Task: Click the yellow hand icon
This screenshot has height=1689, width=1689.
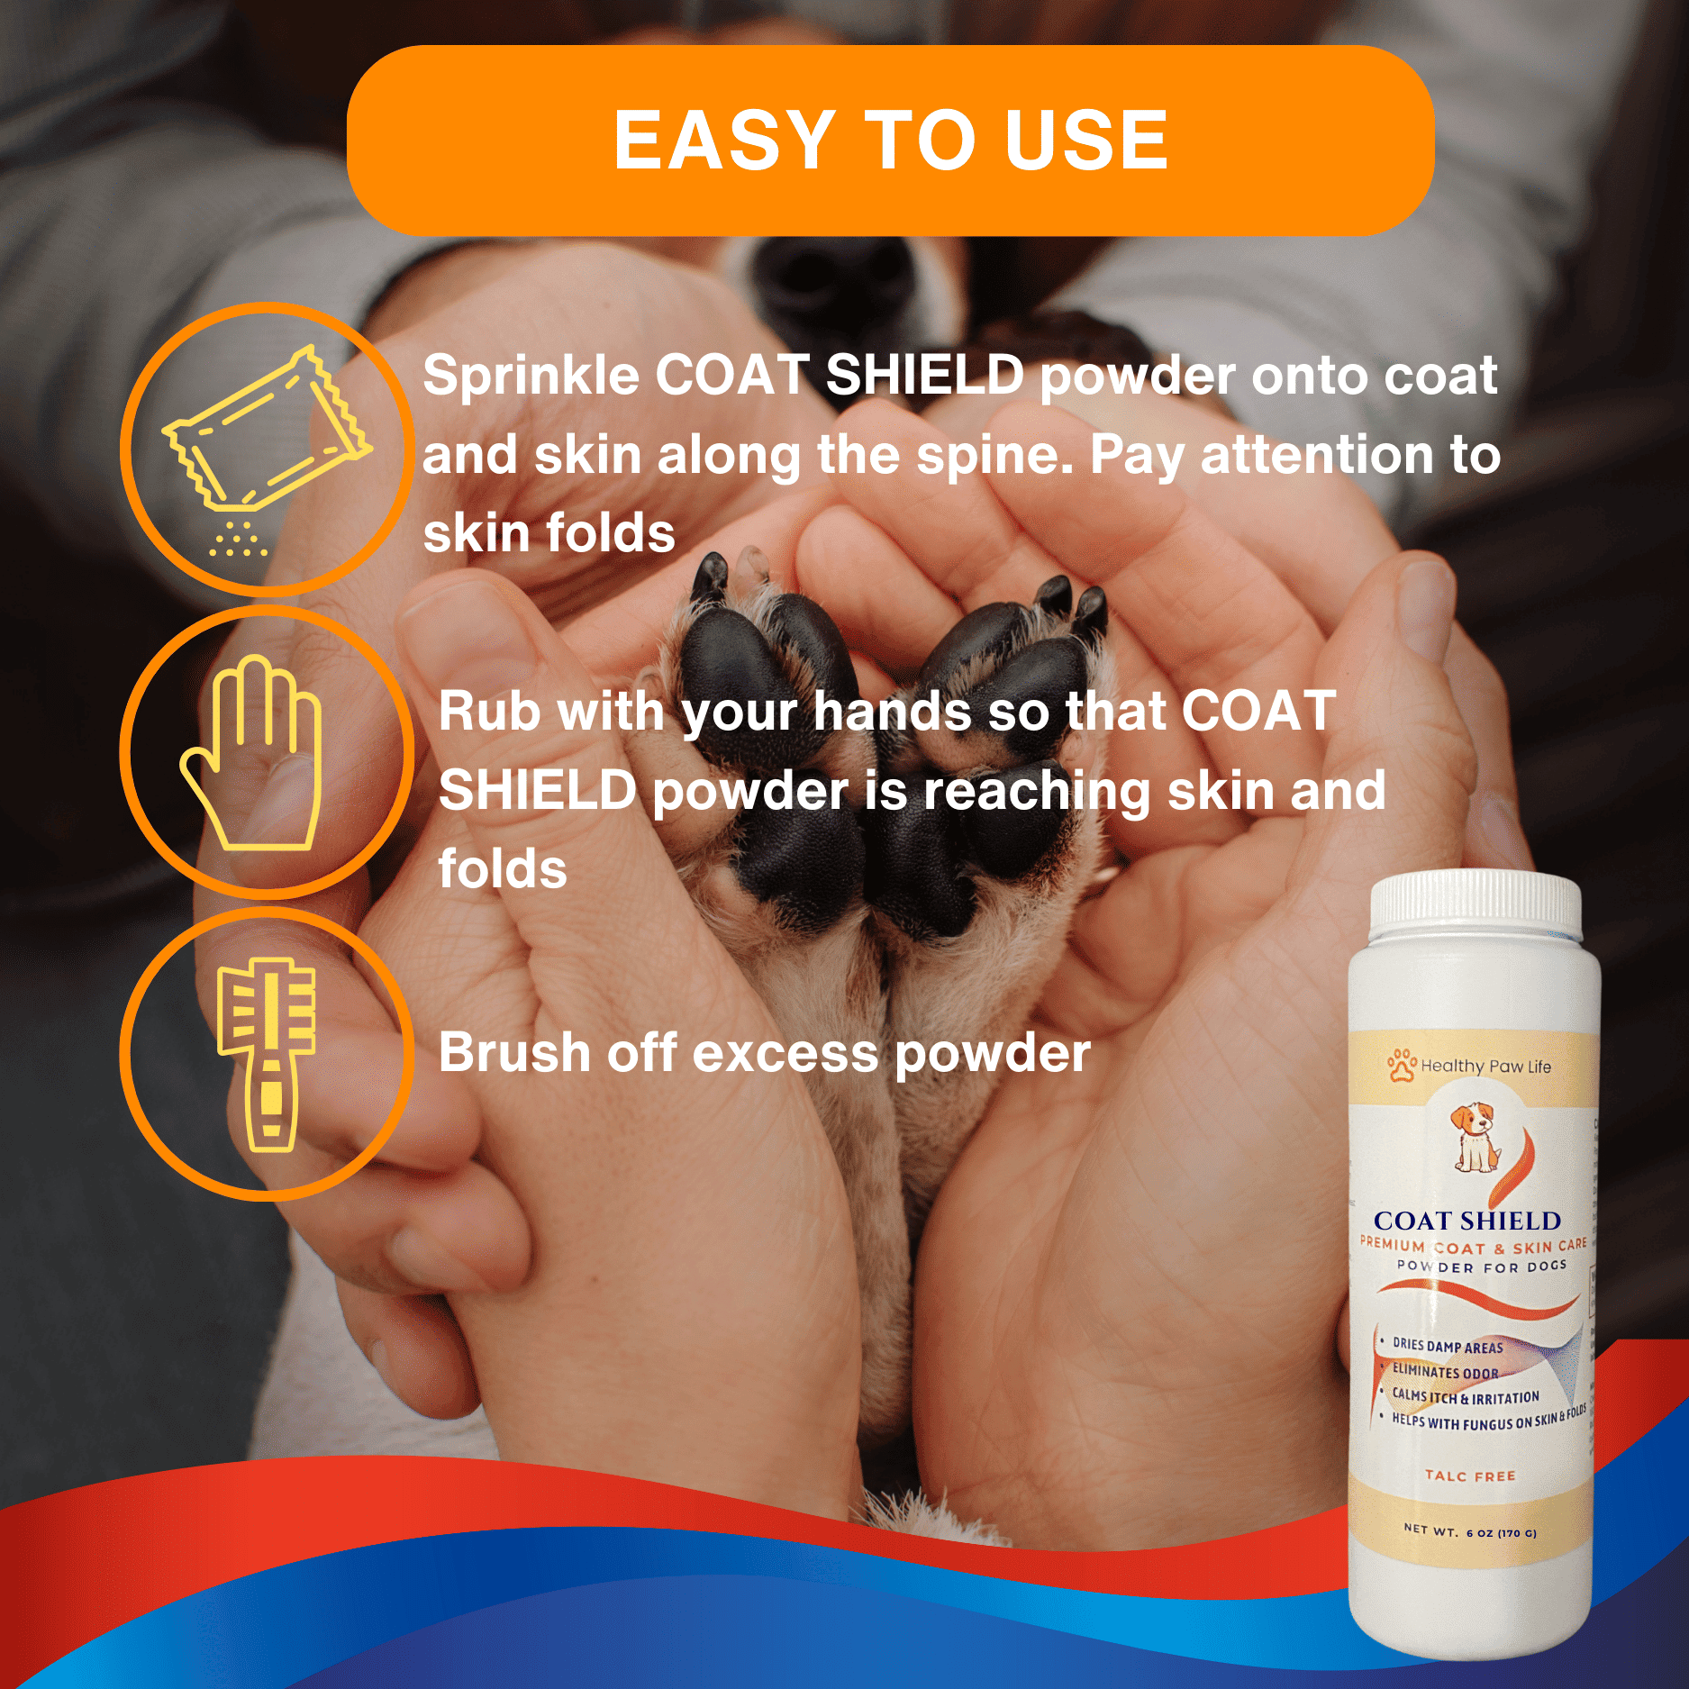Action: [x=251, y=752]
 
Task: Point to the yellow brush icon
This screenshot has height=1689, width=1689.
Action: [x=268, y=1055]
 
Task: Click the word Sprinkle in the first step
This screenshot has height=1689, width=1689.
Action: [x=531, y=377]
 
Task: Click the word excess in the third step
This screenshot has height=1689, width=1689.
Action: [x=785, y=1053]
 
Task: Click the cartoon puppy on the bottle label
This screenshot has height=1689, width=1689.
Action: [x=1475, y=1137]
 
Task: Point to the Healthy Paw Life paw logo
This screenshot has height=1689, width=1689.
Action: [x=1402, y=1065]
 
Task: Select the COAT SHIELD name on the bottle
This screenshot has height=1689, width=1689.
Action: [x=1467, y=1221]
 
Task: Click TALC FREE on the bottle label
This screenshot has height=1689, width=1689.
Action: [x=1470, y=1476]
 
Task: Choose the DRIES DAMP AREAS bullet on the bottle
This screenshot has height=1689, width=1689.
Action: [x=1448, y=1346]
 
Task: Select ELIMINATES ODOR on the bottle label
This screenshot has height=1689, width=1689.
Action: [x=1445, y=1372]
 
